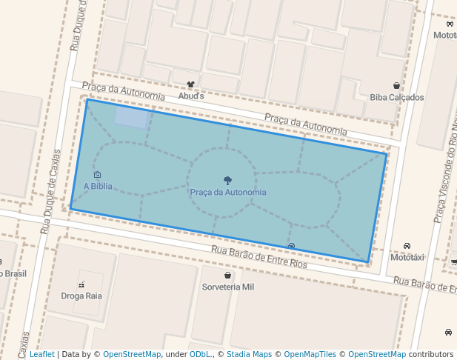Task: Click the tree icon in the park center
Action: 227,180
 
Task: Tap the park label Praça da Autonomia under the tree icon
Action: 227,193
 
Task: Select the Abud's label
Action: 190,96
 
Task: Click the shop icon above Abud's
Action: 190,84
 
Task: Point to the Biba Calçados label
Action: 397,97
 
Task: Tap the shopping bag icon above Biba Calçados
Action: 397,86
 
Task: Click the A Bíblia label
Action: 98,186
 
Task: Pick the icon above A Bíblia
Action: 98,175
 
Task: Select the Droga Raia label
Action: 82,296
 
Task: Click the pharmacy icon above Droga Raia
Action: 82,284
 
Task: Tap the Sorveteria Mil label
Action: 228,286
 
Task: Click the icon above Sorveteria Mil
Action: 228,275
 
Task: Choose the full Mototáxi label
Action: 407,257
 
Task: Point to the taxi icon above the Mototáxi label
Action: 407,246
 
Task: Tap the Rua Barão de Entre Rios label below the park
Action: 258,258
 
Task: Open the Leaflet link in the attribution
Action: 42,354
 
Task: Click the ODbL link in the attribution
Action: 200,354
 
